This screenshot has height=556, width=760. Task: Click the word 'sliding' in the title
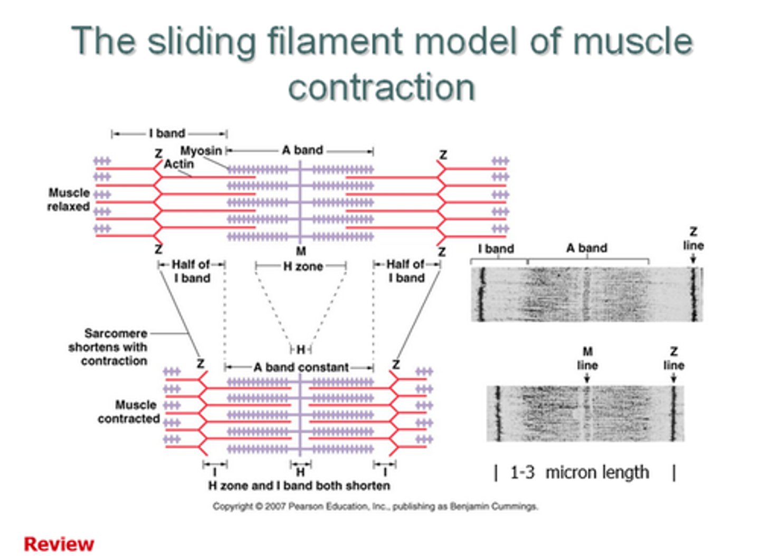pos(203,41)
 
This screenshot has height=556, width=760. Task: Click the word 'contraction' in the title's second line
pos(381,87)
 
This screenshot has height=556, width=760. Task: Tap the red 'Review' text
pos(59,544)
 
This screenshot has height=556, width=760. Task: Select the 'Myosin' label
pos(201,151)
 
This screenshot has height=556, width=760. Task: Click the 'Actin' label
pos(178,164)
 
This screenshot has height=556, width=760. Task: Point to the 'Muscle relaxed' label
pos(69,199)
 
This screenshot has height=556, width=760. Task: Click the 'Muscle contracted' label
pos(129,411)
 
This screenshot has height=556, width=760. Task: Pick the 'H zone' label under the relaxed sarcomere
pos(303,266)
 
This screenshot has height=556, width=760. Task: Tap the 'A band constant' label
pos(301,367)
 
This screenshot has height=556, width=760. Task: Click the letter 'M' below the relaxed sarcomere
pos(300,251)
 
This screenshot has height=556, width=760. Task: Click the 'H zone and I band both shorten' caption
pos(299,485)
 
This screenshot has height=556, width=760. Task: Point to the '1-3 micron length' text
pos(579,472)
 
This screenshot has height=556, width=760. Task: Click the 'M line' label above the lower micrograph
pos(587,358)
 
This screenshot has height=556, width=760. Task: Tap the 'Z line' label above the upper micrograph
pos(693,238)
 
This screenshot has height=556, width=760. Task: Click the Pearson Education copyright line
pos(375,506)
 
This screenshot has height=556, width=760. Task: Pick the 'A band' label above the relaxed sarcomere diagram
pos(302,150)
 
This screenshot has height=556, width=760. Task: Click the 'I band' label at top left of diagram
pos(167,133)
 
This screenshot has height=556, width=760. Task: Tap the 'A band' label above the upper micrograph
pos(586,248)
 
